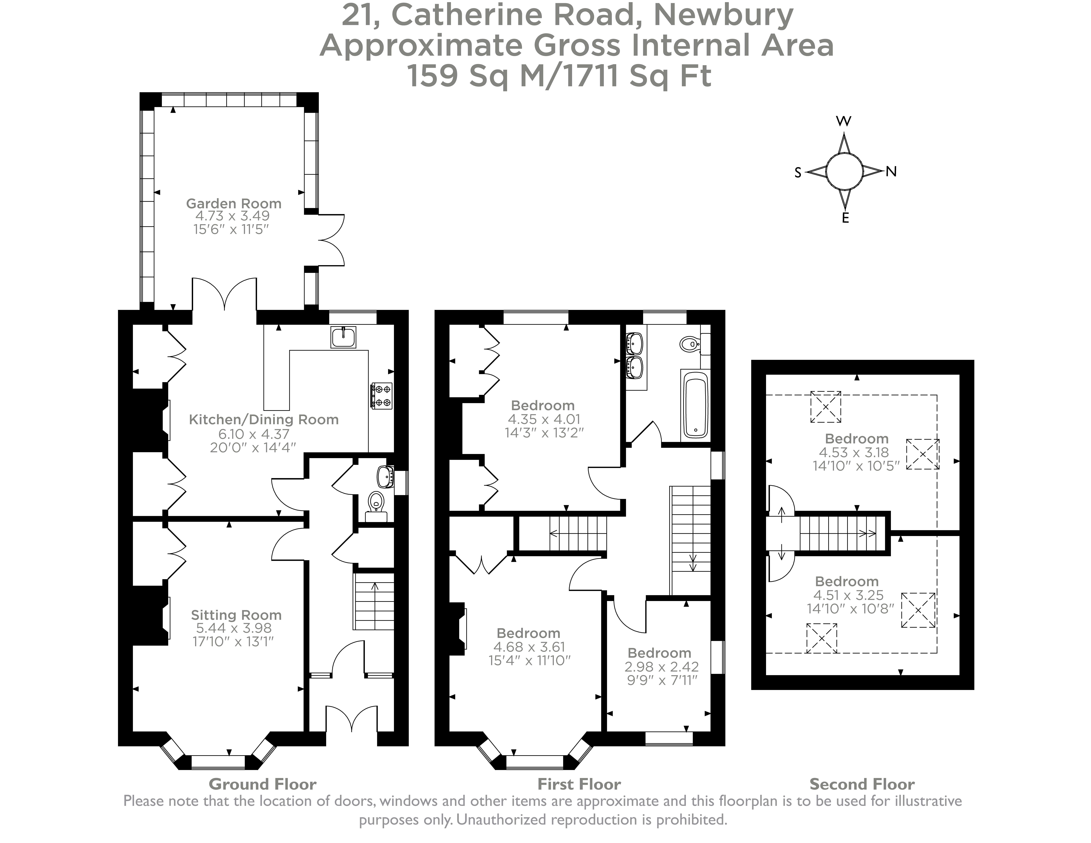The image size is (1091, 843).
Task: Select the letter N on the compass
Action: [891, 172]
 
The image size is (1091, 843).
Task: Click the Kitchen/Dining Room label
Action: [263, 420]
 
